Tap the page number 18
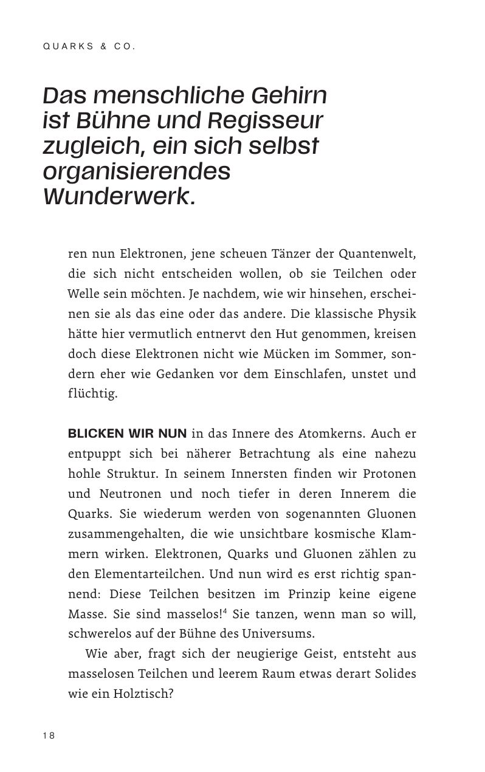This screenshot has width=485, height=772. (49, 736)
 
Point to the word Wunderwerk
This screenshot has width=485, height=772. (120, 197)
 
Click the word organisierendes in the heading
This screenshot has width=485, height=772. (137, 171)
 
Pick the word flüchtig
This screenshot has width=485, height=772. (92, 393)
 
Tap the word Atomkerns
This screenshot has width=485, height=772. (332, 433)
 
